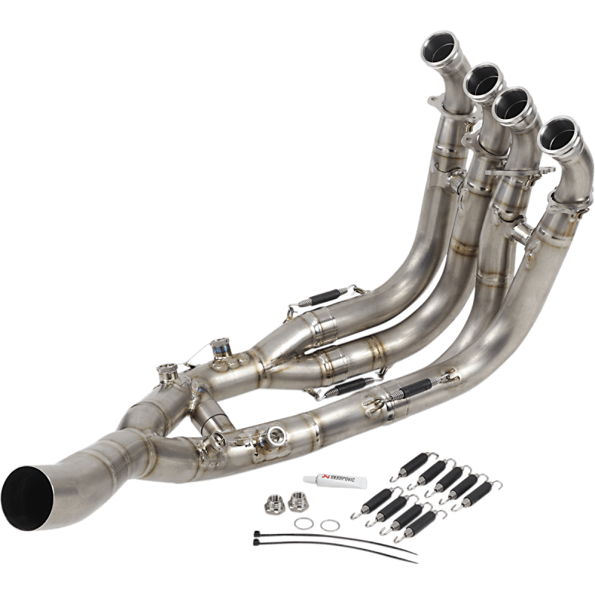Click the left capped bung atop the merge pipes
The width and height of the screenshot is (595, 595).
165,368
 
